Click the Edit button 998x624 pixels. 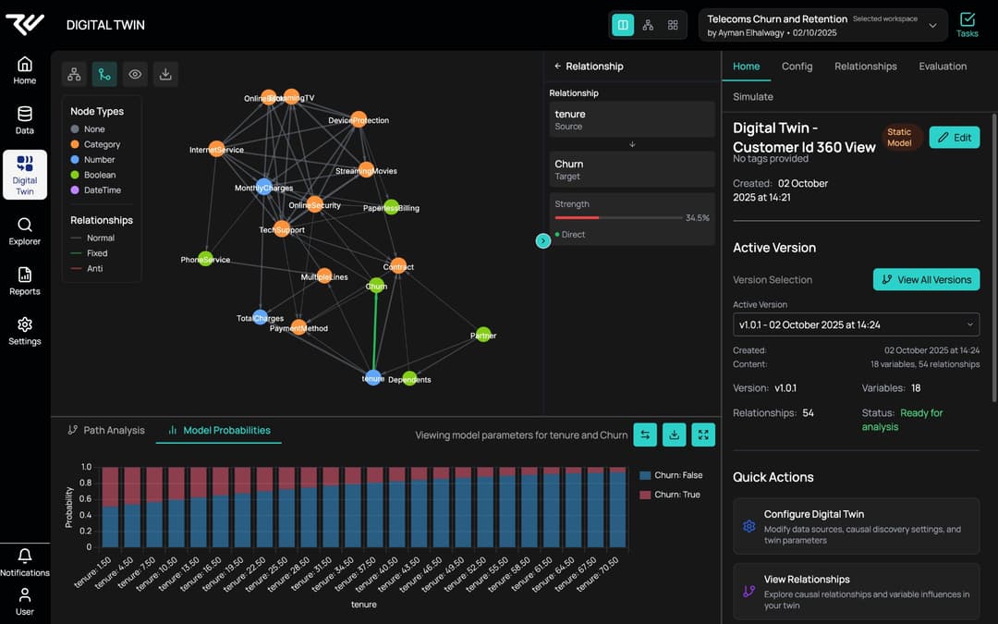954,138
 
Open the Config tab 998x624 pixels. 797,67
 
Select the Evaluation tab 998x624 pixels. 943,67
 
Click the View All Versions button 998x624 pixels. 926,279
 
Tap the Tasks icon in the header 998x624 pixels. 967,24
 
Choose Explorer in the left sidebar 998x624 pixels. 25,231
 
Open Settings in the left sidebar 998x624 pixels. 25,331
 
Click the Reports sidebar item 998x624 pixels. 25,281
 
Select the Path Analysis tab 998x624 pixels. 106,430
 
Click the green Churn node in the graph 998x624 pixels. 376,286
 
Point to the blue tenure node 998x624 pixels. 372,377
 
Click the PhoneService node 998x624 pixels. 205,259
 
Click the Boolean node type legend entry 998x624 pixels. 100,175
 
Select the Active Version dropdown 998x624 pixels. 856,324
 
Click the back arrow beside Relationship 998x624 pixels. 557,67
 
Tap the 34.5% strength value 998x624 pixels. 697,218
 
